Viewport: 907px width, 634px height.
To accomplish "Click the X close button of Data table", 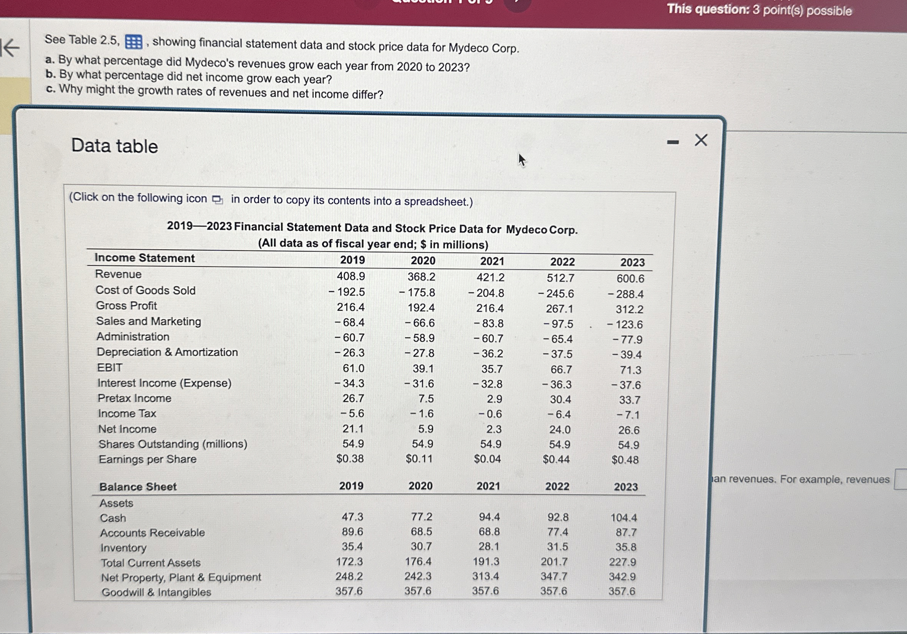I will pyautogui.click(x=701, y=140).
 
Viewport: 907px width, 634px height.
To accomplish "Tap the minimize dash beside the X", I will pyautogui.click(x=673, y=142).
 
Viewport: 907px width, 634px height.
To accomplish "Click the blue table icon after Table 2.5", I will pyautogui.click(x=134, y=42).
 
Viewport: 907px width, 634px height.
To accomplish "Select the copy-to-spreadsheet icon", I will pyautogui.click(x=217, y=200).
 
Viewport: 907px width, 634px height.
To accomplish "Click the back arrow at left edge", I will pyautogui.click(x=11, y=48).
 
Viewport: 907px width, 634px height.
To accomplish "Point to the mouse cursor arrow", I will pyautogui.click(x=522, y=159).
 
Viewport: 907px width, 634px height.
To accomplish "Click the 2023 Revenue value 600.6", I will pyautogui.click(x=630, y=278).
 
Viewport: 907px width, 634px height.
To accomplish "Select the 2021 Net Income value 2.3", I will pyautogui.click(x=494, y=429).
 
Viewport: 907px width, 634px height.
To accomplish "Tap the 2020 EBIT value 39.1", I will pyautogui.click(x=423, y=368).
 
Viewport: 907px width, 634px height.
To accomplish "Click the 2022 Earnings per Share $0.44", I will pyautogui.click(x=556, y=459).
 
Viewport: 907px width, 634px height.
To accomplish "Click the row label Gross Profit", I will pyautogui.click(x=126, y=306).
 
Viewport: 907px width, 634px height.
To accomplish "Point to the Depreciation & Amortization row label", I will pyautogui.click(x=168, y=352).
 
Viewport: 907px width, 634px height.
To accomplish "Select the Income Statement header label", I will pyautogui.click(x=145, y=258).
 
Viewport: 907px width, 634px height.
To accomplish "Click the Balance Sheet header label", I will pyautogui.click(x=138, y=487).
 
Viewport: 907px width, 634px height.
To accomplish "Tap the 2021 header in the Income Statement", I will pyautogui.click(x=492, y=261).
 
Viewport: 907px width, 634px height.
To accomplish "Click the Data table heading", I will pyautogui.click(x=114, y=146).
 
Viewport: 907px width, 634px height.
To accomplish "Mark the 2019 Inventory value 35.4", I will pyautogui.click(x=352, y=546).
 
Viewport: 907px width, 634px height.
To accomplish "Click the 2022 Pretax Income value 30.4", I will pyautogui.click(x=560, y=399).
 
